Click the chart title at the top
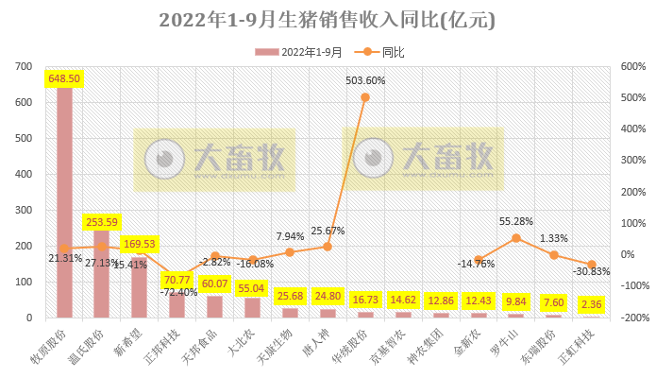[x=327, y=20]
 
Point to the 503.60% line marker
[x=365, y=97]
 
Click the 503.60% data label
[x=365, y=80]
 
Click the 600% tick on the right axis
[x=633, y=66]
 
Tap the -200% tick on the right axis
[x=631, y=318]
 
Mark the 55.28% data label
[x=515, y=221]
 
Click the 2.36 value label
[x=591, y=303]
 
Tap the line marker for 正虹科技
[x=591, y=265]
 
